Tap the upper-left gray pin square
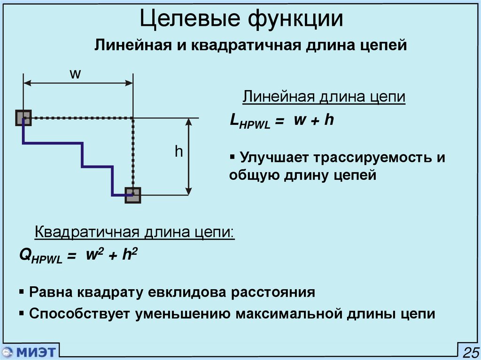click(23, 118)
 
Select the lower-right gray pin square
click(133, 195)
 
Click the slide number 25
click(470, 352)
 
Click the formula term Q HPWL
click(40, 257)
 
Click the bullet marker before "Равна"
click(22, 291)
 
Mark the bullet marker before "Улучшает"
click(233, 156)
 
